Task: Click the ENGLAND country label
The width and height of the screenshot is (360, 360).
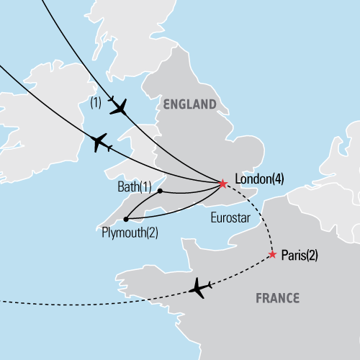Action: click(190, 104)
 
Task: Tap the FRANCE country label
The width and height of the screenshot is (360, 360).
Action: click(278, 297)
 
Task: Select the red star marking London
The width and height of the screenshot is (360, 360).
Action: click(222, 184)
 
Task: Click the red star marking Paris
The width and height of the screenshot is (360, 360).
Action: click(272, 254)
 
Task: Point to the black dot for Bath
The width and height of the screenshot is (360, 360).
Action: click(159, 191)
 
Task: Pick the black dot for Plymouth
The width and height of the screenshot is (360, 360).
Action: click(125, 219)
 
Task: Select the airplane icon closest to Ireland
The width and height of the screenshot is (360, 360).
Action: click(99, 142)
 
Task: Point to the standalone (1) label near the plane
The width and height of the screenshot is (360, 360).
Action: click(96, 102)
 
